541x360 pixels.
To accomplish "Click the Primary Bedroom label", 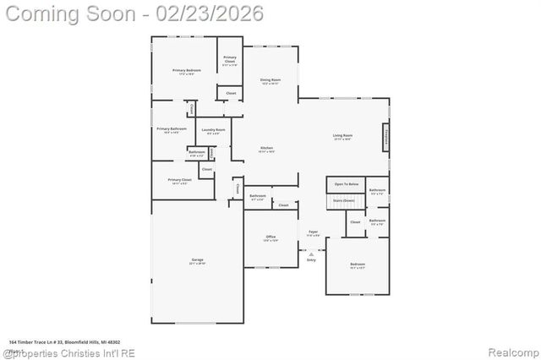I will point(183,70).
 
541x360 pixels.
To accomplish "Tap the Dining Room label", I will point(270,80).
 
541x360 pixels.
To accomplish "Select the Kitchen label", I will point(266,148).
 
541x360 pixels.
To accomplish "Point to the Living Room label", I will point(342,135).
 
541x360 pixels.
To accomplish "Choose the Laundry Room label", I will point(213,129).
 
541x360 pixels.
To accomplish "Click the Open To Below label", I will point(347,183).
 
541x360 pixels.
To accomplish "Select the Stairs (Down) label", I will point(343,201).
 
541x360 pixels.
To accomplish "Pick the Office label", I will point(270,237).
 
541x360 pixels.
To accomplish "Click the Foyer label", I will point(313,231).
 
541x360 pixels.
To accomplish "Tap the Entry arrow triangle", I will point(311,253).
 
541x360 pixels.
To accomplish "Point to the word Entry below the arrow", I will point(311,259).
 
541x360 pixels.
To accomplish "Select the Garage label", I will point(197,260).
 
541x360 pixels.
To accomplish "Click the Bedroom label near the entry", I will point(358,265).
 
